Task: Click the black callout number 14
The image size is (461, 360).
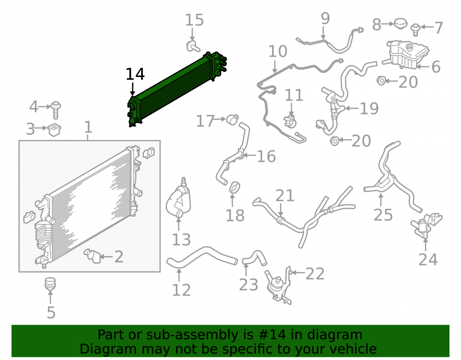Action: point(135,74)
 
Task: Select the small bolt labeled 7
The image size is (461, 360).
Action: point(416,30)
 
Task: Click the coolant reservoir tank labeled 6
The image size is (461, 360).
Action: point(407,55)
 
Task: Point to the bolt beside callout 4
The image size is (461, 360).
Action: point(56,110)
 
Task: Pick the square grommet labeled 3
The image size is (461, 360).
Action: point(53,130)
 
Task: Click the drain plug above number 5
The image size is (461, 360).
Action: point(50,284)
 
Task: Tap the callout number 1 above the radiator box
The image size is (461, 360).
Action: point(88,127)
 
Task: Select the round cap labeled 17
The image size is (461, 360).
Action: point(232,119)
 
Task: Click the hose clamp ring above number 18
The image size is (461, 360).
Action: point(234,188)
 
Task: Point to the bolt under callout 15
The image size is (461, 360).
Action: point(193,47)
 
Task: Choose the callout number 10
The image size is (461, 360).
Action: point(278,52)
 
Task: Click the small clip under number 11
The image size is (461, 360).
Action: point(290,122)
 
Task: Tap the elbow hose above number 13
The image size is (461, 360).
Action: point(178,200)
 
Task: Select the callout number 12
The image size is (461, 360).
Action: point(181,290)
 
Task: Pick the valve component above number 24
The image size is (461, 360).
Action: point(426,226)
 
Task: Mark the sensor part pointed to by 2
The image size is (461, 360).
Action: point(92,256)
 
